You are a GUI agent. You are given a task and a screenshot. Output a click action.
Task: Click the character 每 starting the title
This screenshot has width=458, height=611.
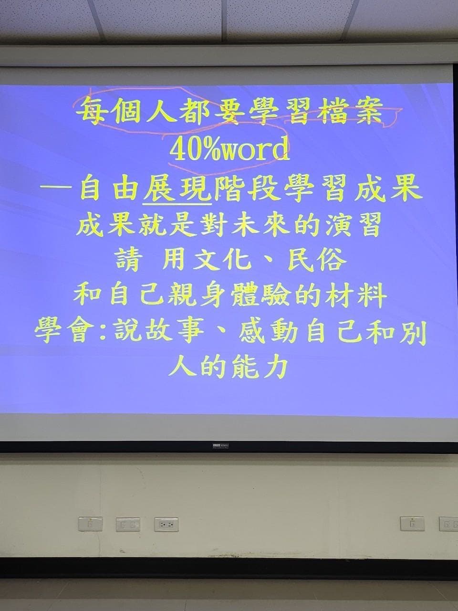tap(90, 113)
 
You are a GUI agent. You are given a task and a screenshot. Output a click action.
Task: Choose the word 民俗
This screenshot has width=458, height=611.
tap(317, 261)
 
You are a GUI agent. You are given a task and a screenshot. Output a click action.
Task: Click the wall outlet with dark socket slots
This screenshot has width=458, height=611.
tap(167, 525)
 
